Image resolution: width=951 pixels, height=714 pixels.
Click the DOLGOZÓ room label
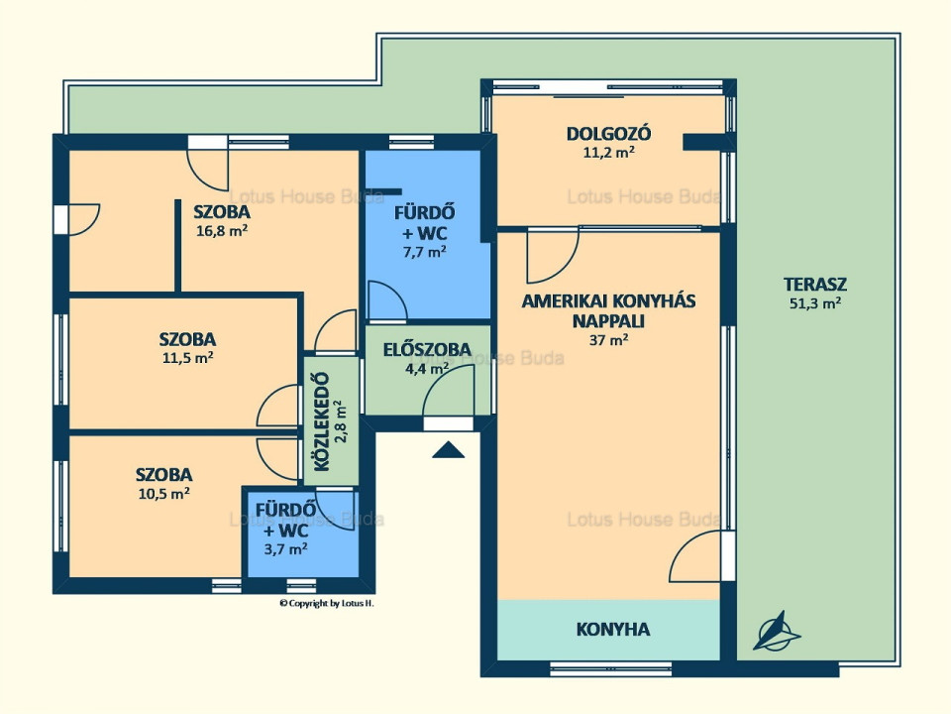coord(608,134)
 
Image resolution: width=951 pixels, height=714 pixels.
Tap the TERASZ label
coord(815,285)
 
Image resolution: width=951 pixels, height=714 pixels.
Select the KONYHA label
coord(612,629)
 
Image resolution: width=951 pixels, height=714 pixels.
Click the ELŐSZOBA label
coord(427,349)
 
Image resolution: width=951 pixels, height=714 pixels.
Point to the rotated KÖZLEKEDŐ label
coord(322,421)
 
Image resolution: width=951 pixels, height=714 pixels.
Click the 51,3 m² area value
coord(815,303)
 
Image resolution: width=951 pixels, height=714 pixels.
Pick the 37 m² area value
coord(608,339)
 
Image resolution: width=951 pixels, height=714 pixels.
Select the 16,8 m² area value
coord(221,230)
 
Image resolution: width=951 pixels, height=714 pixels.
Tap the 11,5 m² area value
coord(187,357)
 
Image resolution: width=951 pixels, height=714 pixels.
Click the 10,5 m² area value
coord(164,493)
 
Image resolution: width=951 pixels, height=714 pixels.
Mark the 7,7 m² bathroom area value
coord(425,251)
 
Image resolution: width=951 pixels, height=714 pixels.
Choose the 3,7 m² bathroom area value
coord(285,548)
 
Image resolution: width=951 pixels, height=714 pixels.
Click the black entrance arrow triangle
coord(448,450)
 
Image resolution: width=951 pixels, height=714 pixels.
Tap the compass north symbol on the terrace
coord(777,632)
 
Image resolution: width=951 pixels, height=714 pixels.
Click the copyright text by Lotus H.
coord(326,603)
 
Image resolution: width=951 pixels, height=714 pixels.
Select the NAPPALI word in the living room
coord(608,321)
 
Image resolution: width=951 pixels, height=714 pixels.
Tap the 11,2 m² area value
coord(609,153)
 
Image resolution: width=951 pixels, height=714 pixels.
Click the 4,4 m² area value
coord(427,367)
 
